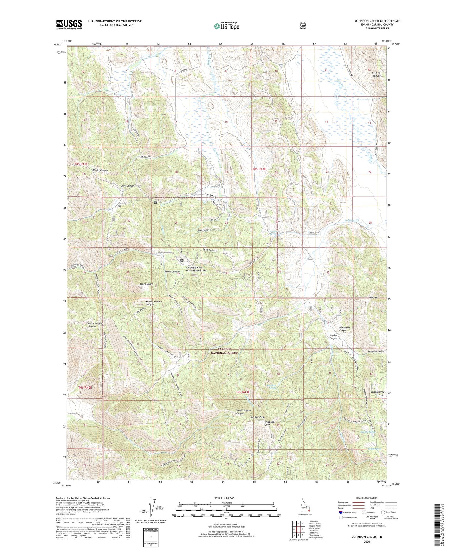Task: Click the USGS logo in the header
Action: coord(69,24)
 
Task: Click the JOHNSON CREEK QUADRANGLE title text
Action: coord(377,21)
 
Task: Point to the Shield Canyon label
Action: coord(100,170)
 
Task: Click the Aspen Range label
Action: coord(146,284)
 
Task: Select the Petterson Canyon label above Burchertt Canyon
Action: coord(343,329)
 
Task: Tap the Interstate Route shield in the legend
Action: coord(340,512)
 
